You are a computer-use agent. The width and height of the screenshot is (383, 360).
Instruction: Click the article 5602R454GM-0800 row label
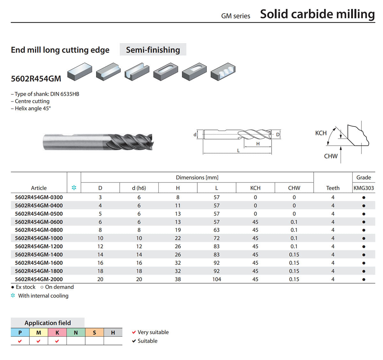39,230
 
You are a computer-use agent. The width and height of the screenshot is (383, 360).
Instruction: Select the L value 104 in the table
217,279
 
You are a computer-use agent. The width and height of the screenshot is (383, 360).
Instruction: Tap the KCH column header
255,188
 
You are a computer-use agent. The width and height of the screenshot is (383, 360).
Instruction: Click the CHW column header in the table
294,188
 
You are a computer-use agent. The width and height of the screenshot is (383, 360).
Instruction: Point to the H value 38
178,279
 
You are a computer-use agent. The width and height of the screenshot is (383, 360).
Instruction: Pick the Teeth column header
333,188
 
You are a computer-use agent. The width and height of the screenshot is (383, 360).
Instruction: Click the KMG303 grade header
364,188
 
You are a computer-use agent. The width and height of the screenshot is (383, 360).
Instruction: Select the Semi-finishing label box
153,49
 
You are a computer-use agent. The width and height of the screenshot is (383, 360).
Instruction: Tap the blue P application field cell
20,333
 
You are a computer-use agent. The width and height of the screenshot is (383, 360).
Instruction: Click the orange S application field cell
94,333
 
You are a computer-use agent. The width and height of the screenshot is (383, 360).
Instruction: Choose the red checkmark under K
57,341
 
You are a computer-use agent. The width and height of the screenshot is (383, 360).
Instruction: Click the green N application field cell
76,333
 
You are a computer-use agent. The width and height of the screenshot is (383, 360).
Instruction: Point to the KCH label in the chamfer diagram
321,133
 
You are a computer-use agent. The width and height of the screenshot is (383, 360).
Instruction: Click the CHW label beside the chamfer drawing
331,156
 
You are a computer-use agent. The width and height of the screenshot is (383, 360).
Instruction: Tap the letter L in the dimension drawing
238,151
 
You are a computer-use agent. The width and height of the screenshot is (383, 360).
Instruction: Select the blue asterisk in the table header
74,188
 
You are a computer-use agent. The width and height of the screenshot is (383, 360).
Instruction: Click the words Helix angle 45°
33,109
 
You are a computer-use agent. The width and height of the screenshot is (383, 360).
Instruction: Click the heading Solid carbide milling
318,14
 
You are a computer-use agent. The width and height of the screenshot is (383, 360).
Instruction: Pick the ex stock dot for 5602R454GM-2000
364,279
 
